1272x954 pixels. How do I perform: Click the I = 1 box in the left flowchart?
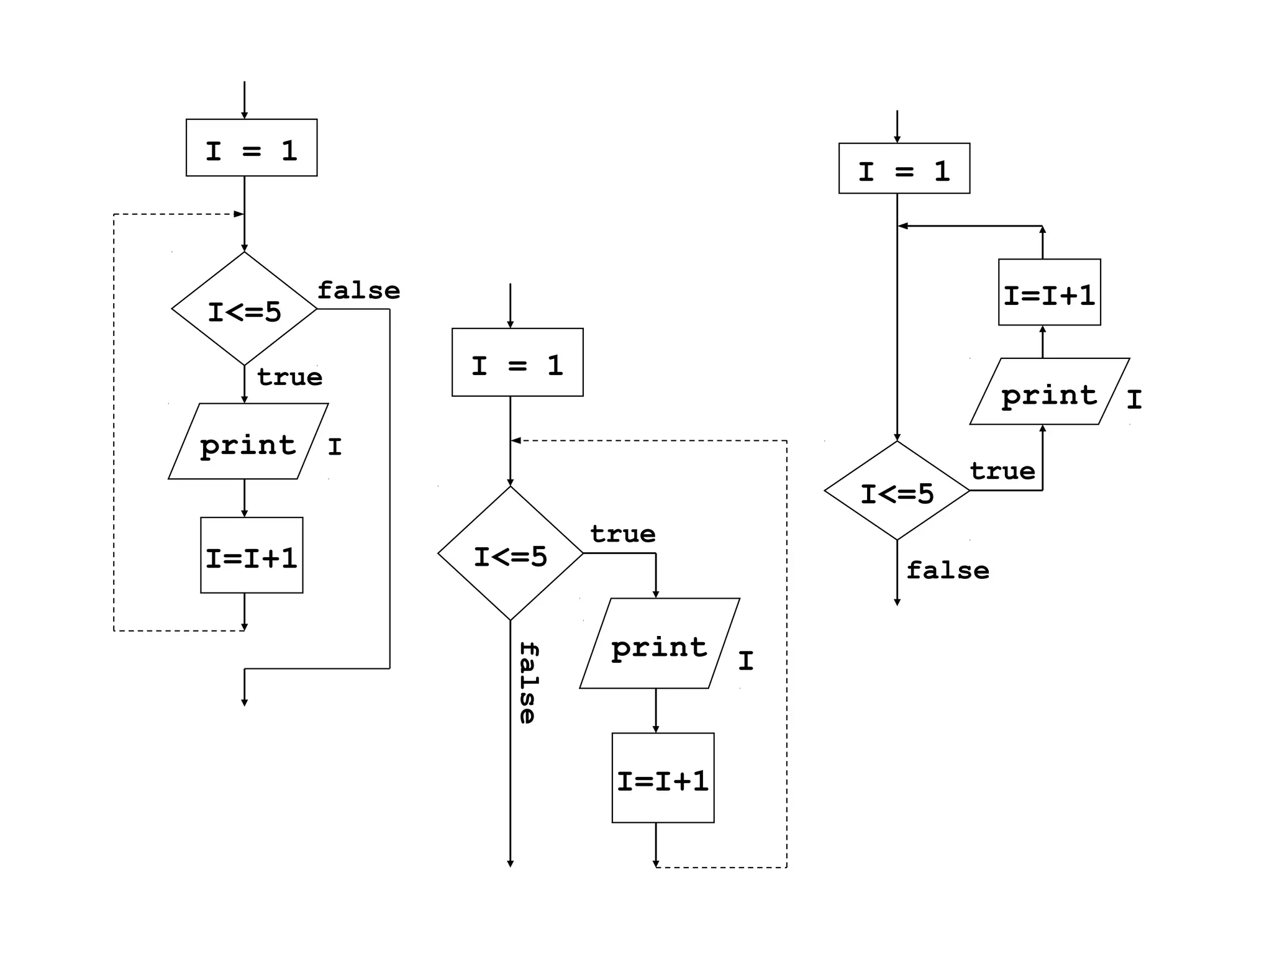[252, 148]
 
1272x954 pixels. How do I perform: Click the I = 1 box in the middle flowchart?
[517, 362]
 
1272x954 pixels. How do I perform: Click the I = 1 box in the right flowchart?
[904, 168]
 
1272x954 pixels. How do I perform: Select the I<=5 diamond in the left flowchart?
[245, 309]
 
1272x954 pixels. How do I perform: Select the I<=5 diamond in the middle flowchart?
[511, 553]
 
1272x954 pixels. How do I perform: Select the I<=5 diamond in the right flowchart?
[897, 491]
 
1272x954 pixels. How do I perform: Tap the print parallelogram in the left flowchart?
[248, 442]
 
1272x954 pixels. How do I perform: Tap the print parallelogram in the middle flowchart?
[659, 643]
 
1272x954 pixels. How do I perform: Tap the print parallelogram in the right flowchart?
[1049, 392]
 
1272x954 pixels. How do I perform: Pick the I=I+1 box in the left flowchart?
[252, 555]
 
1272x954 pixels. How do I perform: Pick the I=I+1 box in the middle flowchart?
[663, 778]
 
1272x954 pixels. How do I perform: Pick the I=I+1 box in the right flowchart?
[1049, 293]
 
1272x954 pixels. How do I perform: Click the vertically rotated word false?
[528, 683]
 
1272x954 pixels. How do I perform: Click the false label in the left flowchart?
[359, 291]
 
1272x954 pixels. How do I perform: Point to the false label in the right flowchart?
[947, 570]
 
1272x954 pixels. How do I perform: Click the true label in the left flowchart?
[290, 377]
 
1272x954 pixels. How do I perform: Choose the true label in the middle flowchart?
[623, 534]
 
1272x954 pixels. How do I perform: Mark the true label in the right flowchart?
[1002, 471]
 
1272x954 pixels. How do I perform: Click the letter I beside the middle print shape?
[746, 661]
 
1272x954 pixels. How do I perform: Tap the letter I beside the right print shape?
[1134, 399]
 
